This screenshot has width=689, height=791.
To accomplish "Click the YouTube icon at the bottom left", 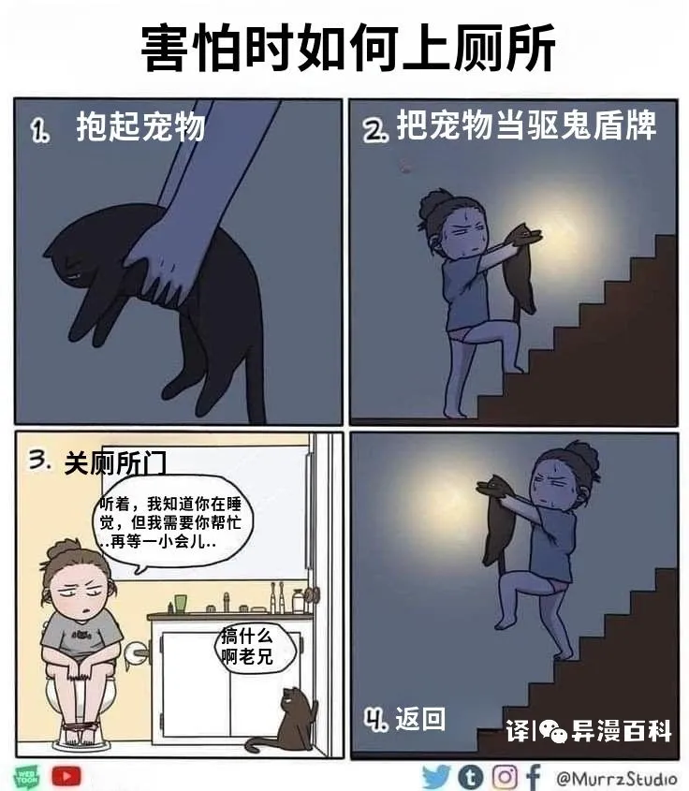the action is coord(66,776).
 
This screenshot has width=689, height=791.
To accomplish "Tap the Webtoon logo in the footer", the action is coord(27,777).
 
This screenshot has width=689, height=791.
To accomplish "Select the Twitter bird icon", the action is coord(436,777).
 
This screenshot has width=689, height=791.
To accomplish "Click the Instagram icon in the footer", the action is coord(505,777).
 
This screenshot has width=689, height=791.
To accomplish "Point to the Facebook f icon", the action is coord(534,777).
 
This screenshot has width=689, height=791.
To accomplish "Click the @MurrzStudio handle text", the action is coord(616,779).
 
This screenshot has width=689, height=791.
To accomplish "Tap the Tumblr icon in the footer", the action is coord(471,777).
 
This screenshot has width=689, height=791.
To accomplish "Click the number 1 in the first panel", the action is coord(40,131).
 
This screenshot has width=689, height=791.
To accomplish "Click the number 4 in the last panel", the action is coord(375,719).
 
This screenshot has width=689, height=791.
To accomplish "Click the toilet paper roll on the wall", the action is coord(134,654).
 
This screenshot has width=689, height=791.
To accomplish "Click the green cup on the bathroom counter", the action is coord(181,604).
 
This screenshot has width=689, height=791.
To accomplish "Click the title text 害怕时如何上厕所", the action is coord(348,48).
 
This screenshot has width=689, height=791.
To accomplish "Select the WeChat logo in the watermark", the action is coord(553,730).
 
